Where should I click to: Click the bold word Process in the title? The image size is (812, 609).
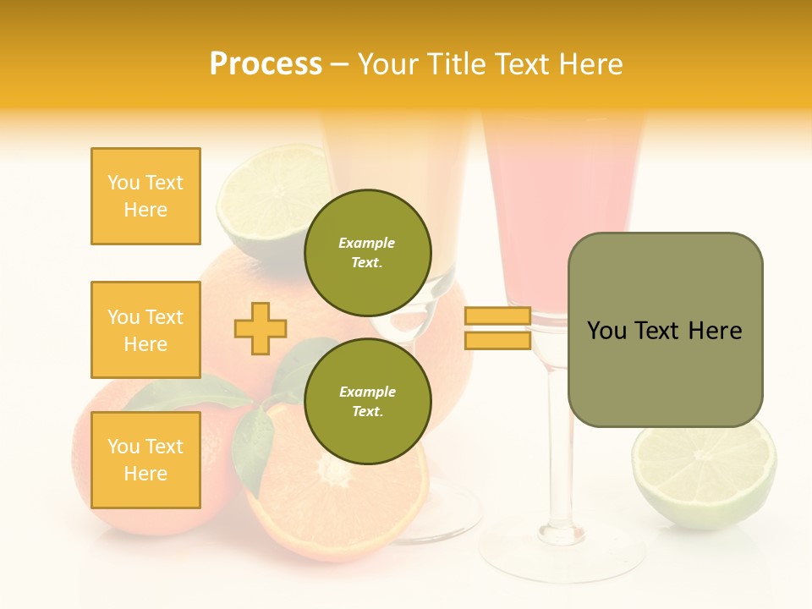click(266, 64)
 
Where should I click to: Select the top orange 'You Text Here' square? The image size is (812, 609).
click(145, 196)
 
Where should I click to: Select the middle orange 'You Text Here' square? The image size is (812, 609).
click(145, 330)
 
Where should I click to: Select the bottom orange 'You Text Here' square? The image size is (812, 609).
click(145, 460)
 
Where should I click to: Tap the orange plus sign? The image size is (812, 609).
click(261, 328)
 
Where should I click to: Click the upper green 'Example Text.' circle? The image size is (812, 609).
click(367, 252)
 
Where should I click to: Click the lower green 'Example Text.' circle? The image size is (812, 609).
click(367, 401)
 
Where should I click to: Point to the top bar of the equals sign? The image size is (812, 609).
click(497, 315)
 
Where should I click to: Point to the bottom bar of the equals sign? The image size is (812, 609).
click(497, 340)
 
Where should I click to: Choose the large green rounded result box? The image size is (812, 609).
click(665, 330)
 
